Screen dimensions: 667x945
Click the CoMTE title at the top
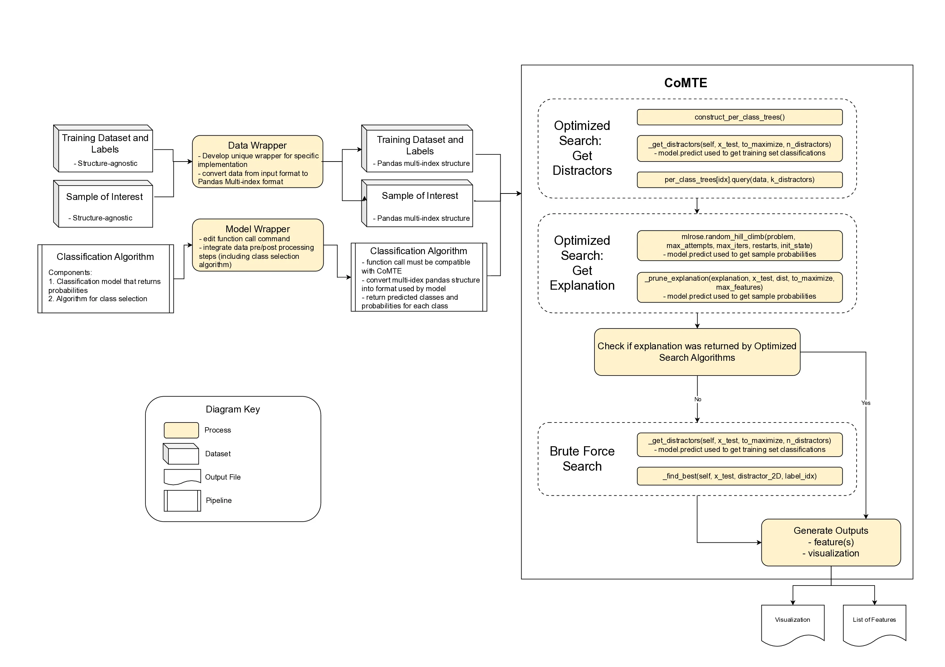coord(685,83)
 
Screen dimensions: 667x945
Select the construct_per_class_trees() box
coord(739,117)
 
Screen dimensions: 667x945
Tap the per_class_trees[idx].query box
coord(739,180)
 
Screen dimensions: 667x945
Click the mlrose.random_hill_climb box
coord(739,246)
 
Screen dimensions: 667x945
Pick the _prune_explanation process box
coord(739,287)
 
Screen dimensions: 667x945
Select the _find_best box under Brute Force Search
coord(739,476)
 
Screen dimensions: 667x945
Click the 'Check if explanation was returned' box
coord(697,352)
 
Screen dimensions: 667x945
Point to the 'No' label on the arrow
coord(698,400)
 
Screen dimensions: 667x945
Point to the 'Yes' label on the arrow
coord(866,403)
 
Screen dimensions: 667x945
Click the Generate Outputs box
coord(830,542)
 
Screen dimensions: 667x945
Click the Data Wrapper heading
coord(257,145)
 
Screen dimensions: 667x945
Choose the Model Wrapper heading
coord(258,229)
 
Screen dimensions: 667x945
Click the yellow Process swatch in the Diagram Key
coord(181,430)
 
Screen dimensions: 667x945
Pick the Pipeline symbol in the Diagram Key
coord(182,500)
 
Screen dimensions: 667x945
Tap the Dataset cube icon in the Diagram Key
coord(181,454)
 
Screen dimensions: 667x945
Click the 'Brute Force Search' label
coord(582,459)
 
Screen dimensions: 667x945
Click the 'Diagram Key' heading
coord(232,409)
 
